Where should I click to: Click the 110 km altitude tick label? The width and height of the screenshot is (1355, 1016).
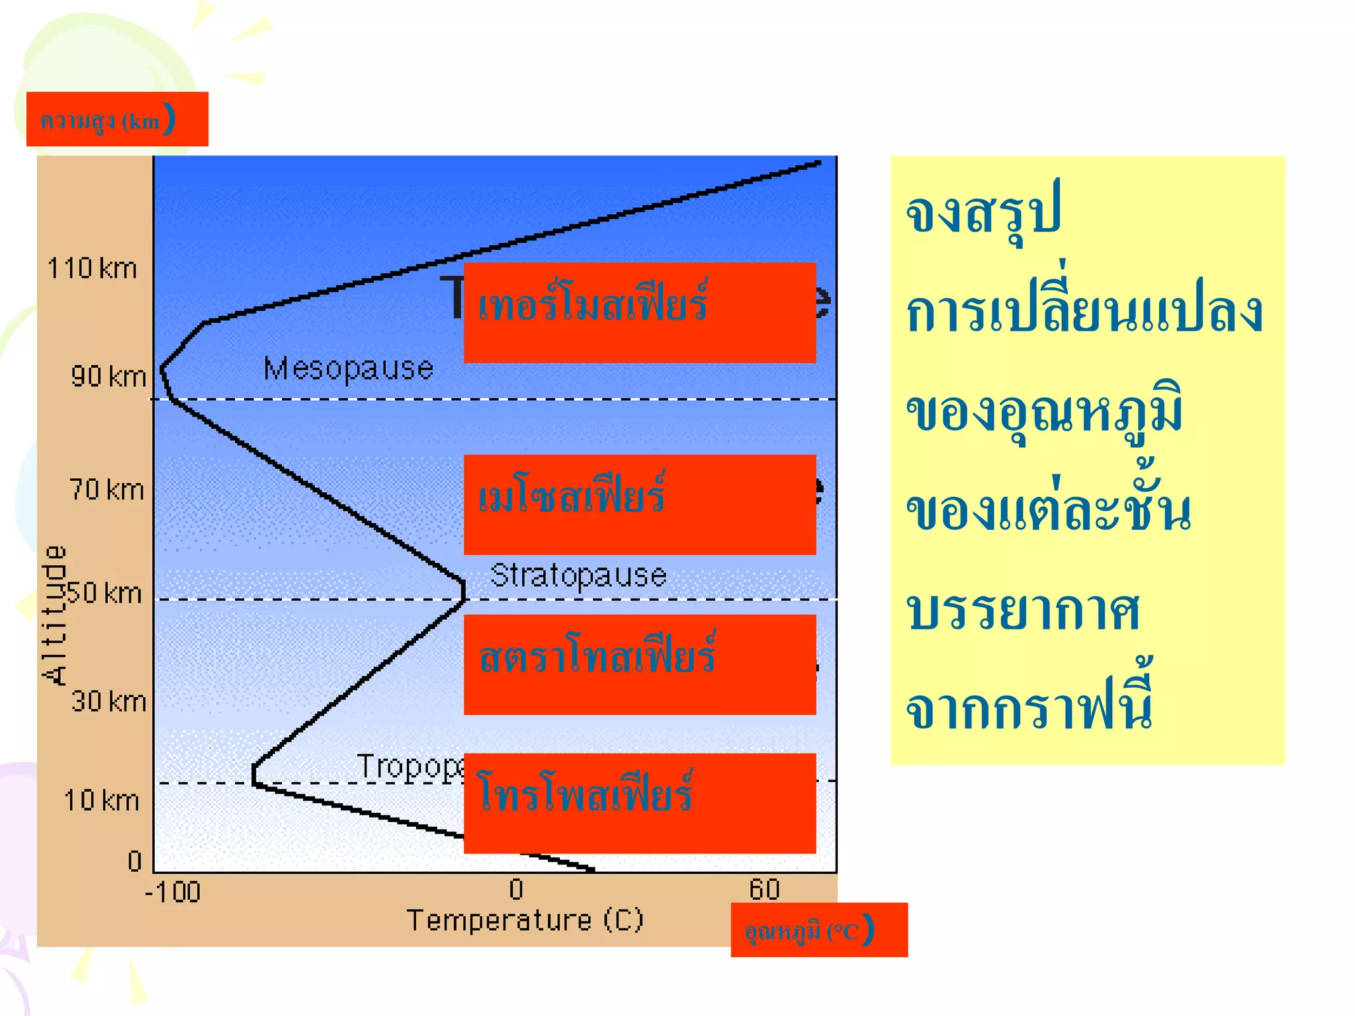[x=92, y=269]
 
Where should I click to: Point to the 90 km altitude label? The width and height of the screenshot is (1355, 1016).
[x=109, y=376]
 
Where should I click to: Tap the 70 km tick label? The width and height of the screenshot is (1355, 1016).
[x=107, y=490]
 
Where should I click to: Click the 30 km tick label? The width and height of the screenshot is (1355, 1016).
[x=109, y=701]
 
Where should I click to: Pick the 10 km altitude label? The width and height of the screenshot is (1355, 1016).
[x=101, y=800]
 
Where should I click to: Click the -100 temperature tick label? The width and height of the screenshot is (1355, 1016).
[x=173, y=892]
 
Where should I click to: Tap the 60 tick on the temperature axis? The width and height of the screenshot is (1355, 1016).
[x=764, y=889]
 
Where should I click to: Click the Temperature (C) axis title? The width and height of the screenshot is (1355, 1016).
[x=525, y=920]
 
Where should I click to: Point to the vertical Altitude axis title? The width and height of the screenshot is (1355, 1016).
[x=54, y=615]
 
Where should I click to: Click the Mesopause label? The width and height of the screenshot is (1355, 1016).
[x=348, y=368]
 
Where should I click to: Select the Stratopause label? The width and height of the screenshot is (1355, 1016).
[x=578, y=575]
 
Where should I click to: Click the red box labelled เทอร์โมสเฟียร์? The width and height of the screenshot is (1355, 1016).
[x=639, y=313]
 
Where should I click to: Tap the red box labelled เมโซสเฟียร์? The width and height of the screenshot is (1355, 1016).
[x=639, y=504]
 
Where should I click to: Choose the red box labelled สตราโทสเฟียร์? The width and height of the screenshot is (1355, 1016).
[x=639, y=664]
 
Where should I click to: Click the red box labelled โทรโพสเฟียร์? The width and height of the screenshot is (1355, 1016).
[x=639, y=803]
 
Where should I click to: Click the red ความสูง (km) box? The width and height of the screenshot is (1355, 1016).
[x=117, y=119]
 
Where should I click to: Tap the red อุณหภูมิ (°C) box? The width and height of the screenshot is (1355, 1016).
[x=818, y=929]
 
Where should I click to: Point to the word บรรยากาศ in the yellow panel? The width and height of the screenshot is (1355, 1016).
[x=1023, y=610]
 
